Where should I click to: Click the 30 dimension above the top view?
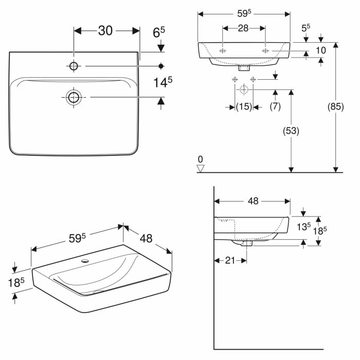105,31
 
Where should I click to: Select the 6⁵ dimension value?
158,32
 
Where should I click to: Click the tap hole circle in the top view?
74,66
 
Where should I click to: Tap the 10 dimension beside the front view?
321,50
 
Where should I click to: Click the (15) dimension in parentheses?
243,106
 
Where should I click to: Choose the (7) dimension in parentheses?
275,106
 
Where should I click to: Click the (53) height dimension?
291,131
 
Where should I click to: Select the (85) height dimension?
335,107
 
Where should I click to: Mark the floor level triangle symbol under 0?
201,168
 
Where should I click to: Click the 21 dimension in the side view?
230,260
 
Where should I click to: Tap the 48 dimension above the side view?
253,201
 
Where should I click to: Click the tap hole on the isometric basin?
85,261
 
